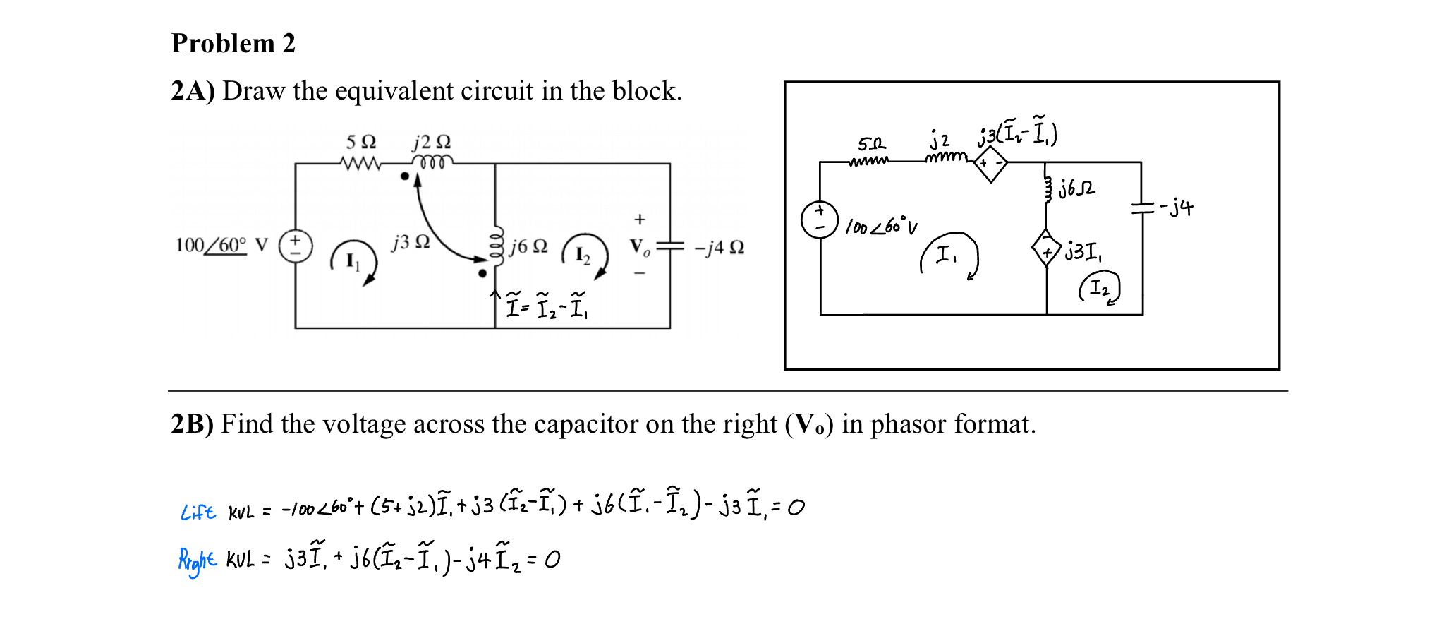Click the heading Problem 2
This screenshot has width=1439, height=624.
pos(233,44)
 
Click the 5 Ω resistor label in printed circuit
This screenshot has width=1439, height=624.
pos(360,142)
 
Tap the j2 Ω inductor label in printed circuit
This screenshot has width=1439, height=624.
pos(432,142)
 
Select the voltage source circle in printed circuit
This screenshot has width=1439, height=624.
pos(296,246)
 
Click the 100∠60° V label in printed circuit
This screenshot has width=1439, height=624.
pos(221,246)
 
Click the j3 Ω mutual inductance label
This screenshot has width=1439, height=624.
pos(411,242)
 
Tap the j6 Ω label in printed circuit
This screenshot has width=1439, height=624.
pos(529,246)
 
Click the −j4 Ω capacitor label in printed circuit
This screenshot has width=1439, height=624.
pos(719,248)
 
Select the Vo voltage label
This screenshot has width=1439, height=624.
pos(639,246)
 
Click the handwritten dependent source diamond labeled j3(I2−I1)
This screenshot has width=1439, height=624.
pos(990,164)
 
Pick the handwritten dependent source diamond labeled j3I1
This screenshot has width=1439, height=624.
pos(1046,248)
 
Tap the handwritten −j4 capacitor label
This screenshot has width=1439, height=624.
pos(1177,208)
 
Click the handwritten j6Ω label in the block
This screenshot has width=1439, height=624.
pos(1076,188)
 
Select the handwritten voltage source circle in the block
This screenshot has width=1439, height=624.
pos(820,220)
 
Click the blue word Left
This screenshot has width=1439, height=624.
pos(198,512)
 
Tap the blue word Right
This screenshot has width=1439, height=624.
pos(197,560)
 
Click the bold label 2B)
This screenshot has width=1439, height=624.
pos(192,424)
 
